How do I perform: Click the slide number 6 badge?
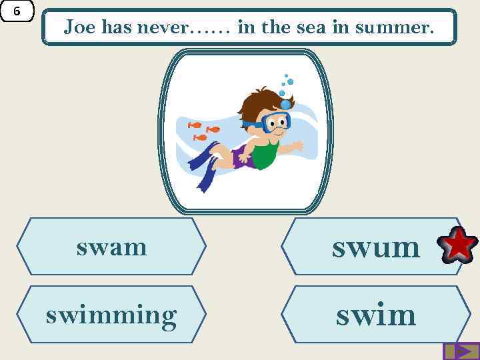tap(17, 11)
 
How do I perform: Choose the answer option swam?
tap(111, 247)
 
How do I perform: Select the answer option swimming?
tap(111, 315)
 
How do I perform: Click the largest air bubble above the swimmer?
tap(285, 104)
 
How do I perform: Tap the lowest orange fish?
tap(200, 138)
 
